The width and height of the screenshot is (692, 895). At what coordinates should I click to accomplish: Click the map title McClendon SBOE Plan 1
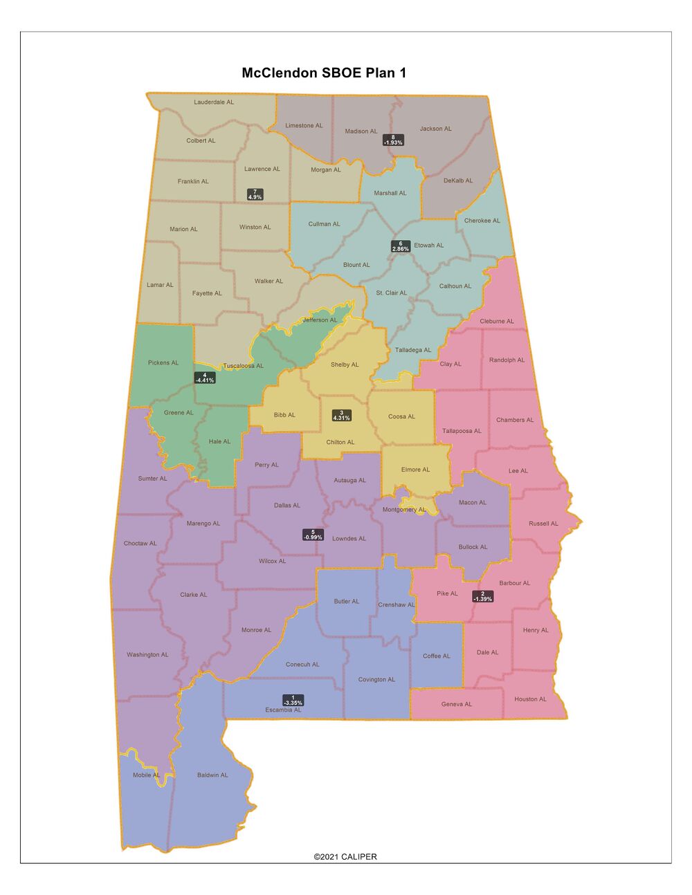[324, 73]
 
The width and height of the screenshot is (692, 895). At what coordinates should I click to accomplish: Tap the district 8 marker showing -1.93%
[393, 140]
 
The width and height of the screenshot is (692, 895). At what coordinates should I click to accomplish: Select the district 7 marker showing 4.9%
[255, 194]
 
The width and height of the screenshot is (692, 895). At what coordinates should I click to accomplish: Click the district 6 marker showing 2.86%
[401, 246]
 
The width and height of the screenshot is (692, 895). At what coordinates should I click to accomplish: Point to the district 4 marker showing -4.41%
[204, 378]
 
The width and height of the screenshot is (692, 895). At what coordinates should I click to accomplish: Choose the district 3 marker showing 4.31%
[341, 415]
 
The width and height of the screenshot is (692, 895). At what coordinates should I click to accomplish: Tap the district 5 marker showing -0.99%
[313, 535]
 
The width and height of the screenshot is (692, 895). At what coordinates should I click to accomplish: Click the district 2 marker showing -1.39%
[482, 596]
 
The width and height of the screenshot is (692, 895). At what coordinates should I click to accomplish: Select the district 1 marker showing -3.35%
[293, 700]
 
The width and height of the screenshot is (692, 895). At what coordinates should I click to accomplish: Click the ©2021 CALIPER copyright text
[345, 856]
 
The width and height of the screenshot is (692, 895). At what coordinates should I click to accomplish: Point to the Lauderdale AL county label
[214, 102]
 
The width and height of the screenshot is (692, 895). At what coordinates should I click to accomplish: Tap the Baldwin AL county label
[212, 775]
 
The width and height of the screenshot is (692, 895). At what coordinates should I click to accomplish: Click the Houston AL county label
[530, 699]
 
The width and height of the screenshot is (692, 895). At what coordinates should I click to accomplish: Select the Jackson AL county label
[435, 129]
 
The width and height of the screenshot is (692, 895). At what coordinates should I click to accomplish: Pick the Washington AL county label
[147, 655]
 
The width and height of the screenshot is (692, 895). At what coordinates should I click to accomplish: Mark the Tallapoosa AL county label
[462, 431]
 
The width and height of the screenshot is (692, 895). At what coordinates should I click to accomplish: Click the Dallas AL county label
[287, 506]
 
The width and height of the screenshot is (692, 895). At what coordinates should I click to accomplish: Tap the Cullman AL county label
[324, 224]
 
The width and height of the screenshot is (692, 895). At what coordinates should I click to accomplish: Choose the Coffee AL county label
[437, 656]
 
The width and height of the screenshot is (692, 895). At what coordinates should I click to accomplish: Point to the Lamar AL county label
[160, 285]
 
